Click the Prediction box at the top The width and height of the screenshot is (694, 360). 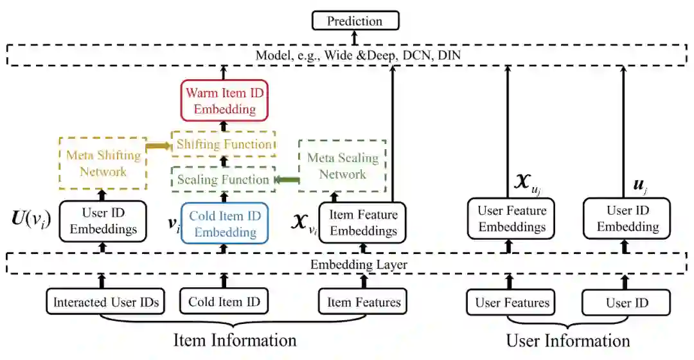pos(355,21)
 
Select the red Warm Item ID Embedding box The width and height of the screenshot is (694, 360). pos(224,101)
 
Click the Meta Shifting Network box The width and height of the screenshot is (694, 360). pos(103,163)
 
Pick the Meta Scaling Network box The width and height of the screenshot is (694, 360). pos(343,166)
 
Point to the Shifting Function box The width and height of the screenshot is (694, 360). pos(224,144)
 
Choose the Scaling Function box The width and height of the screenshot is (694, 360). pos(223,179)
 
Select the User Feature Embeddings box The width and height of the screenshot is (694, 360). pos(512,219)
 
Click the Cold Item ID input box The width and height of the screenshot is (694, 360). pos(224,302)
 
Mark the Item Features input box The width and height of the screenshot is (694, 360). pos(363,302)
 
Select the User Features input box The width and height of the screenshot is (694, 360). pos(512,303)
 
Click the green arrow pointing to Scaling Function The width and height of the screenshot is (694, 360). pos(287,179)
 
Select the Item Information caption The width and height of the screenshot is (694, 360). pos(235,340)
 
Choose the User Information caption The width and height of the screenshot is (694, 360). pos(568,340)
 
